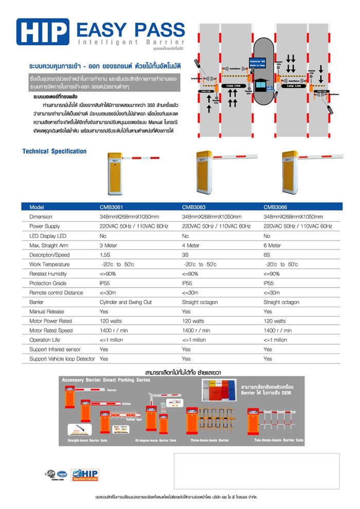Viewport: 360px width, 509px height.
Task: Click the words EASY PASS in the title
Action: (131, 29)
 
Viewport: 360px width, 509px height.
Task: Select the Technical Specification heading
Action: (55, 151)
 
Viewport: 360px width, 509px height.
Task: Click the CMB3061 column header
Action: (111, 206)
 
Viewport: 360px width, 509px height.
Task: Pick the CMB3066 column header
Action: (275, 206)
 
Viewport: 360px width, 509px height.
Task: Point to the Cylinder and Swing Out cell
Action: (125, 302)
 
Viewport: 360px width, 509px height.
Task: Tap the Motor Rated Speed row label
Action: (51, 330)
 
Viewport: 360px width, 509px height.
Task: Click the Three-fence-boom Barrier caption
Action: (209, 441)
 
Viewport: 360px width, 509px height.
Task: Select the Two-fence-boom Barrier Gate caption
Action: (279, 441)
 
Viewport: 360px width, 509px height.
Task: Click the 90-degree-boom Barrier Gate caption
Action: (155, 441)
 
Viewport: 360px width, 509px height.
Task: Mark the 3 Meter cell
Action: (109, 245)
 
